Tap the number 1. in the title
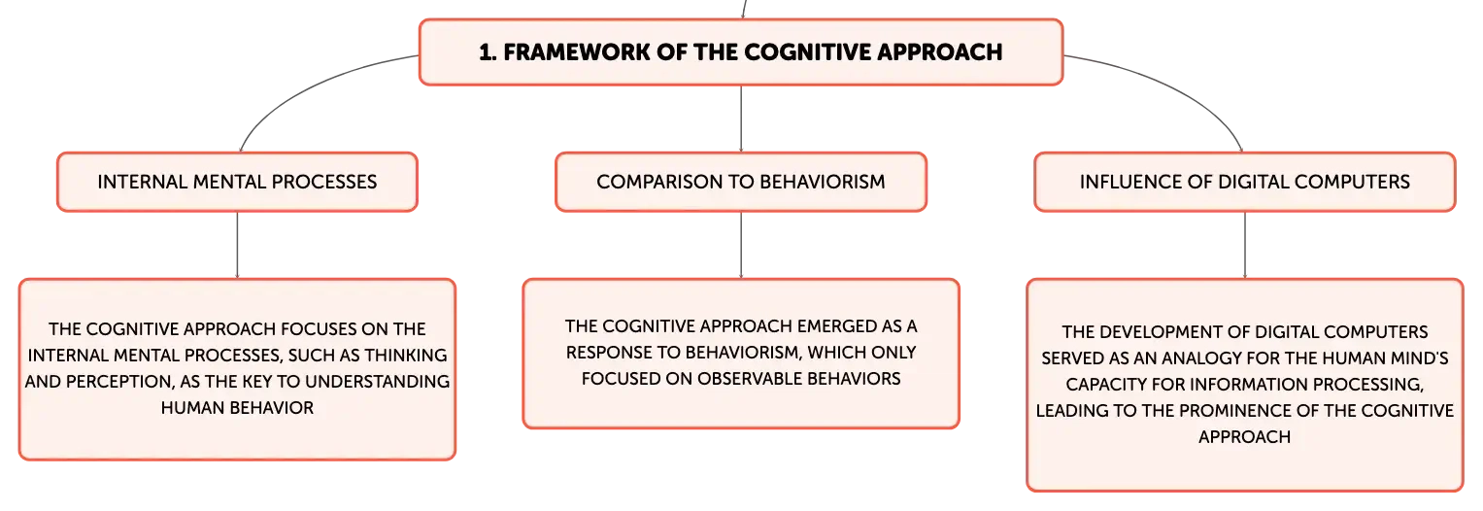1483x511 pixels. [488, 52]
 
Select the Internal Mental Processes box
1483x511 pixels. [237, 182]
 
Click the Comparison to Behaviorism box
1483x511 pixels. [741, 182]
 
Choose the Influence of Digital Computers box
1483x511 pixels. [1245, 182]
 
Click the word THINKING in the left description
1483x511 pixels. [406, 356]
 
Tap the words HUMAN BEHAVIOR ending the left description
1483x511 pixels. [237, 408]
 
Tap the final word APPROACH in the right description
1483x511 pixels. [1245, 437]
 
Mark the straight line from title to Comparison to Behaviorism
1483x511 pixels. [741, 119]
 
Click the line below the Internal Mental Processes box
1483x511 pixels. [237, 245]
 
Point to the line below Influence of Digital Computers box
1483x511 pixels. [1245, 245]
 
